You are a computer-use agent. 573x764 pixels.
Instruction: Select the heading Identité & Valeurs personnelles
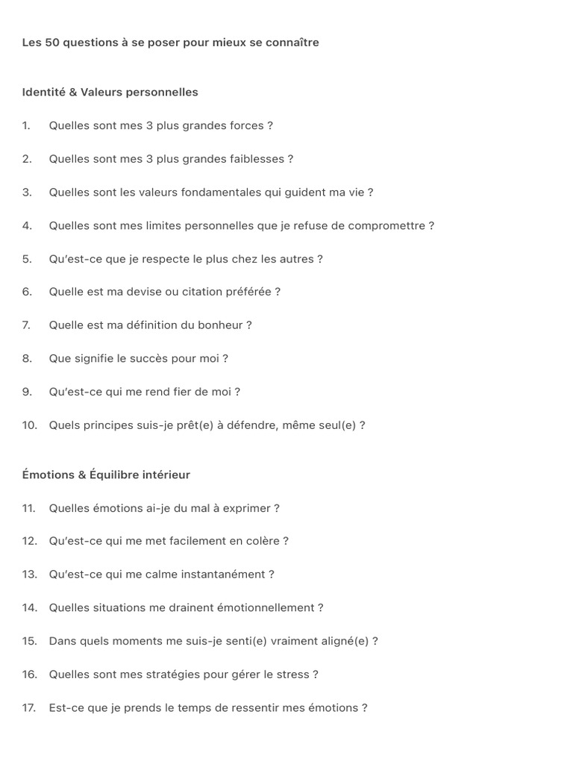(x=110, y=93)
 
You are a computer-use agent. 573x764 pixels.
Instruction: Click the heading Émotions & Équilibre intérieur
(x=106, y=475)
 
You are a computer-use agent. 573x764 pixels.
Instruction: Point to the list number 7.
(x=27, y=325)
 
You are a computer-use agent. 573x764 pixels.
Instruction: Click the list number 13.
(x=30, y=574)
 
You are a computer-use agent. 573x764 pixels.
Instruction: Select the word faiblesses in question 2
(x=256, y=159)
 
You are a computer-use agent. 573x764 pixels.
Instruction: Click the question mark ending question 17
(x=364, y=708)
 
